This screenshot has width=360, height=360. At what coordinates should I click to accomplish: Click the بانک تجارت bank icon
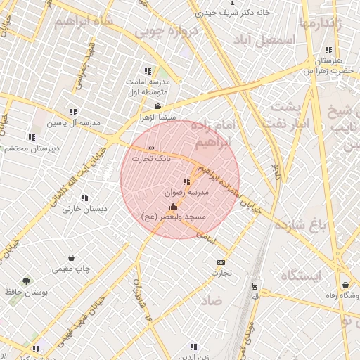[x=152, y=148]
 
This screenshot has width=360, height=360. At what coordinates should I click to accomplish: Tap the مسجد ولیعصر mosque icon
[x=174, y=206]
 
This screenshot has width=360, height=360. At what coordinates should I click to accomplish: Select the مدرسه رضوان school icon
[x=186, y=181]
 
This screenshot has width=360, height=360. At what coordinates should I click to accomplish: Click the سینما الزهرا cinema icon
[x=157, y=105]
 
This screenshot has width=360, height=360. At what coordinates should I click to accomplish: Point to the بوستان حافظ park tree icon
[x=27, y=281]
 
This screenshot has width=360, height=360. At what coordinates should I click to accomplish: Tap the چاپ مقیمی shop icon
[x=72, y=258]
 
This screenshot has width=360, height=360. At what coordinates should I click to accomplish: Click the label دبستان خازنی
[x=84, y=208]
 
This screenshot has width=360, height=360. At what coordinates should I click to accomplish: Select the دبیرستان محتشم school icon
[x=31, y=137]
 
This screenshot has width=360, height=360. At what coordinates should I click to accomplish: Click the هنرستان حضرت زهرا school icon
[x=328, y=50]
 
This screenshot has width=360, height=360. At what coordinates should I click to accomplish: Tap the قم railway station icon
[x=254, y=286]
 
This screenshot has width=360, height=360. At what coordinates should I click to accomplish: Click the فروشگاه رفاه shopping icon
[x=345, y=285]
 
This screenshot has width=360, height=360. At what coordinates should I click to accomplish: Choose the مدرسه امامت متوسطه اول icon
[x=148, y=71]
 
